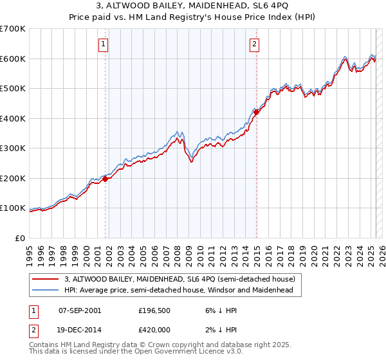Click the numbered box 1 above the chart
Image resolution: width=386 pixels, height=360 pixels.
click(104, 44)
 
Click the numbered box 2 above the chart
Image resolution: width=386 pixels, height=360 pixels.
click(255, 44)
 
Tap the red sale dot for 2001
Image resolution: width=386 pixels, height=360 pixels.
click(106, 179)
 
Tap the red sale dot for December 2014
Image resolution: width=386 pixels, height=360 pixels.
click(256, 112)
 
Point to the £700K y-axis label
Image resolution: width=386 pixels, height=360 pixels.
click(12, 29)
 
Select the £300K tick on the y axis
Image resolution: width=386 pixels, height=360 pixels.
click(12, 148)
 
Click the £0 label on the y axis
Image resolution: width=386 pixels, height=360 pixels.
click(20, 238)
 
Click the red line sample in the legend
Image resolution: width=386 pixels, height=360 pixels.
click(46, 279)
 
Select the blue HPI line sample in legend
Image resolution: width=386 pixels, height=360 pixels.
click(46, 290)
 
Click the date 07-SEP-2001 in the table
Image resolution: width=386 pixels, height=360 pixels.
click(80, 310)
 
